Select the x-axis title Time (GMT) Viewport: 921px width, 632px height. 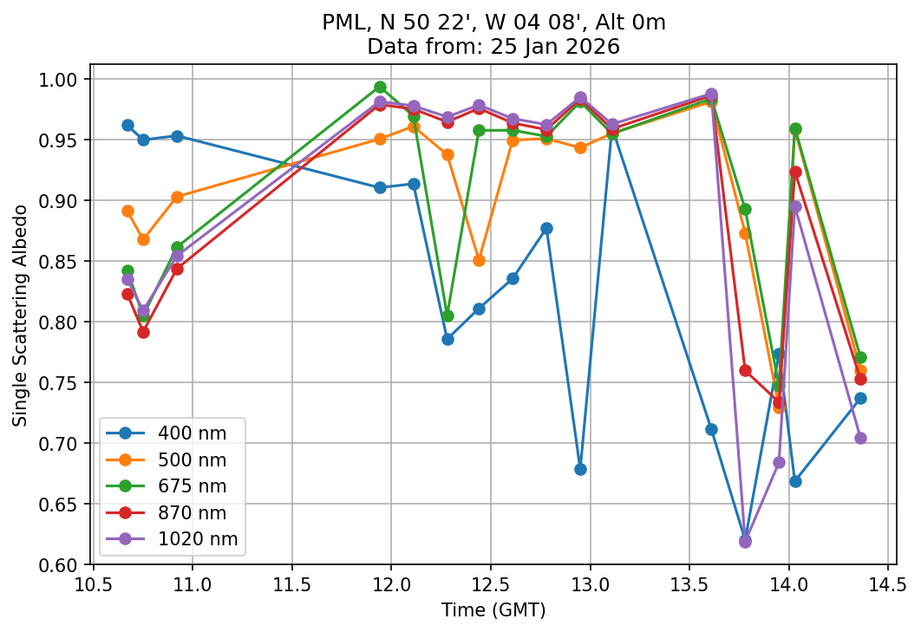(493, 610)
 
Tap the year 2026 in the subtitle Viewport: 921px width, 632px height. (596, 47)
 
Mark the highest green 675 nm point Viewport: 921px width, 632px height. (380, 88)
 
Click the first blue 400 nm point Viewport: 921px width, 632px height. (127, 126)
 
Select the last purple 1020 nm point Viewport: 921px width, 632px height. (860, 439)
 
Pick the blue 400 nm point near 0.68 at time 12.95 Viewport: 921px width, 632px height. (580, 470)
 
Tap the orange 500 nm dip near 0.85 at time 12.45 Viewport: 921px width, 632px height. (479, 261)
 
